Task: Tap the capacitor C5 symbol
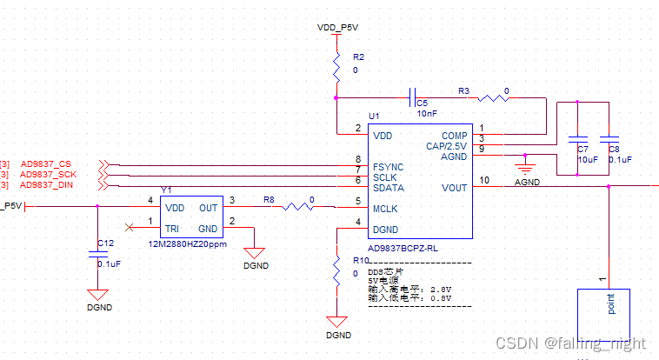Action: coord(415,98)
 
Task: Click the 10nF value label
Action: coord(427,114)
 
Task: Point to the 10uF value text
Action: coord(589,160)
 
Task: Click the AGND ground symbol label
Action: coord(527,183)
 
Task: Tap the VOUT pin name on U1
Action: coord(454,187)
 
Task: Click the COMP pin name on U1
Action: coord(454,136)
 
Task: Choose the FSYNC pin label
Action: coord(389,165)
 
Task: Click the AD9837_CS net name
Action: coord(46,164)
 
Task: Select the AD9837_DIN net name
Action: coord(47,184)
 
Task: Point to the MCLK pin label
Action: coord(387,208)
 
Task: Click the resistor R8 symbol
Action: coord(298,207)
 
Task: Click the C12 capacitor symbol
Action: coord(97,254)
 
